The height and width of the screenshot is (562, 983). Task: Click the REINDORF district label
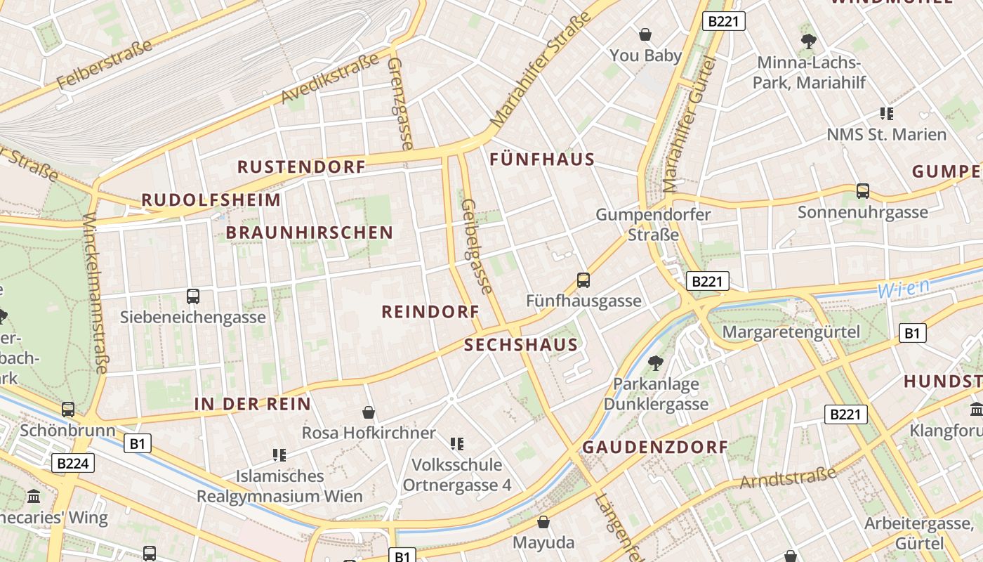point(430,312)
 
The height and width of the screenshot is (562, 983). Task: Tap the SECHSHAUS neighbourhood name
point(520,345)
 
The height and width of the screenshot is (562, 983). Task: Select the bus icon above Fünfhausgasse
point(583,280)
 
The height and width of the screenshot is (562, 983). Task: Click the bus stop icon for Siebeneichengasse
point(193,296)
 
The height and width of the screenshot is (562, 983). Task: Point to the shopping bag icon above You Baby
point(645,34)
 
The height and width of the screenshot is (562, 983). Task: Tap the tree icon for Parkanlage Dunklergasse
point(655,363)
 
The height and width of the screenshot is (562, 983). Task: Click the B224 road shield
point(72,463)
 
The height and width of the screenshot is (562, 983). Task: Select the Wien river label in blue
point(904,288)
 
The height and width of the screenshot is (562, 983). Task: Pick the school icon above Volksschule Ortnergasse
point(457,443)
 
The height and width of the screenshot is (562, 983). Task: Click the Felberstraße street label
point(105,64)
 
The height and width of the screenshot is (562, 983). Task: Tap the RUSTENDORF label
point(301,167)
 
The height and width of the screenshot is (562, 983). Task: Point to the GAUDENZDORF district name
point(655,447)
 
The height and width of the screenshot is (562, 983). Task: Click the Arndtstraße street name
point(788,477)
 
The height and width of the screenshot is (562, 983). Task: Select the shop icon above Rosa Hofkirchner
point(368,412)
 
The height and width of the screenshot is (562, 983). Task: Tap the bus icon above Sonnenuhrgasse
point(862,190)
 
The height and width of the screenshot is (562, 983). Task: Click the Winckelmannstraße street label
point(96,293)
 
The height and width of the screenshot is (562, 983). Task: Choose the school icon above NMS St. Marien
point(886,113)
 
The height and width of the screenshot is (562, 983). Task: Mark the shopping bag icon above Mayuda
point(543,522)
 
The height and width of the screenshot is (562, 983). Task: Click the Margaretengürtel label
point(791,332)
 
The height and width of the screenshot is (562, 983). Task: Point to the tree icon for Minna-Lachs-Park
point(808,41)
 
